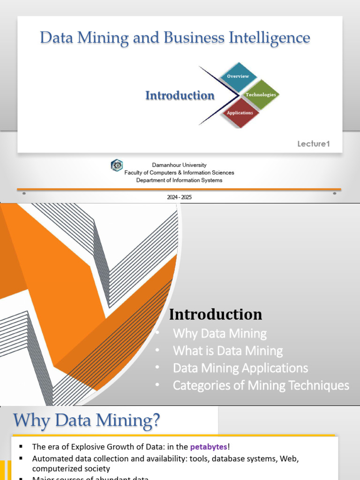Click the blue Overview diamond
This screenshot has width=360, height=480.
coord(238,76)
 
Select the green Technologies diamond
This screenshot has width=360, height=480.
coord(261,95)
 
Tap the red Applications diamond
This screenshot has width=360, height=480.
coord(240,113)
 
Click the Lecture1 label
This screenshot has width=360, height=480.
coord(314,144)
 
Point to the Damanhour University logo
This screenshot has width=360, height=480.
coord(116,165)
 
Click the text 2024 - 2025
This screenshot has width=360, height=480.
coord(180,197)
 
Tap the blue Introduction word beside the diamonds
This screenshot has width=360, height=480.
coord(180,96)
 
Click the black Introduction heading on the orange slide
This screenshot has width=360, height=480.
coord(216,314)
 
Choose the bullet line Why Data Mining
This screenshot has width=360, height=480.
coord(219,334)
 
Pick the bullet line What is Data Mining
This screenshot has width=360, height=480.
coord(228,351)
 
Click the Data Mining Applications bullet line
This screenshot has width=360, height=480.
coord(240,368)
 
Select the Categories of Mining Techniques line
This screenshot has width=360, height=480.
coord(261,385)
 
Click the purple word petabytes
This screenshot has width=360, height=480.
coord(209,447)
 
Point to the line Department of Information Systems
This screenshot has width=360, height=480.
coord(179,180)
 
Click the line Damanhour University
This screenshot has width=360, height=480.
coord(179,165)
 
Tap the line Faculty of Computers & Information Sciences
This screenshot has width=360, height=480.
coord(179,172)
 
